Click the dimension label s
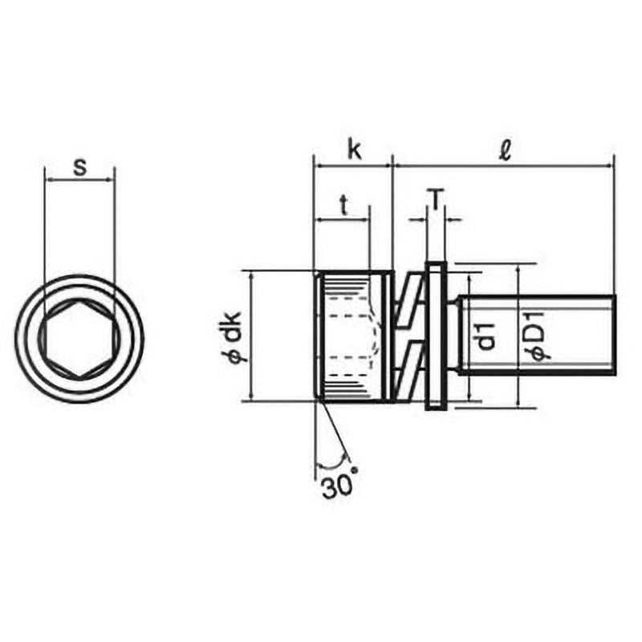point(79,168)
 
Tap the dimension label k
point(355,149)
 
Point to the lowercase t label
point(344,205)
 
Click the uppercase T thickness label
point(437,200)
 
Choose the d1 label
point(486,336)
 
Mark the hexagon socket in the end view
point(79,338)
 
